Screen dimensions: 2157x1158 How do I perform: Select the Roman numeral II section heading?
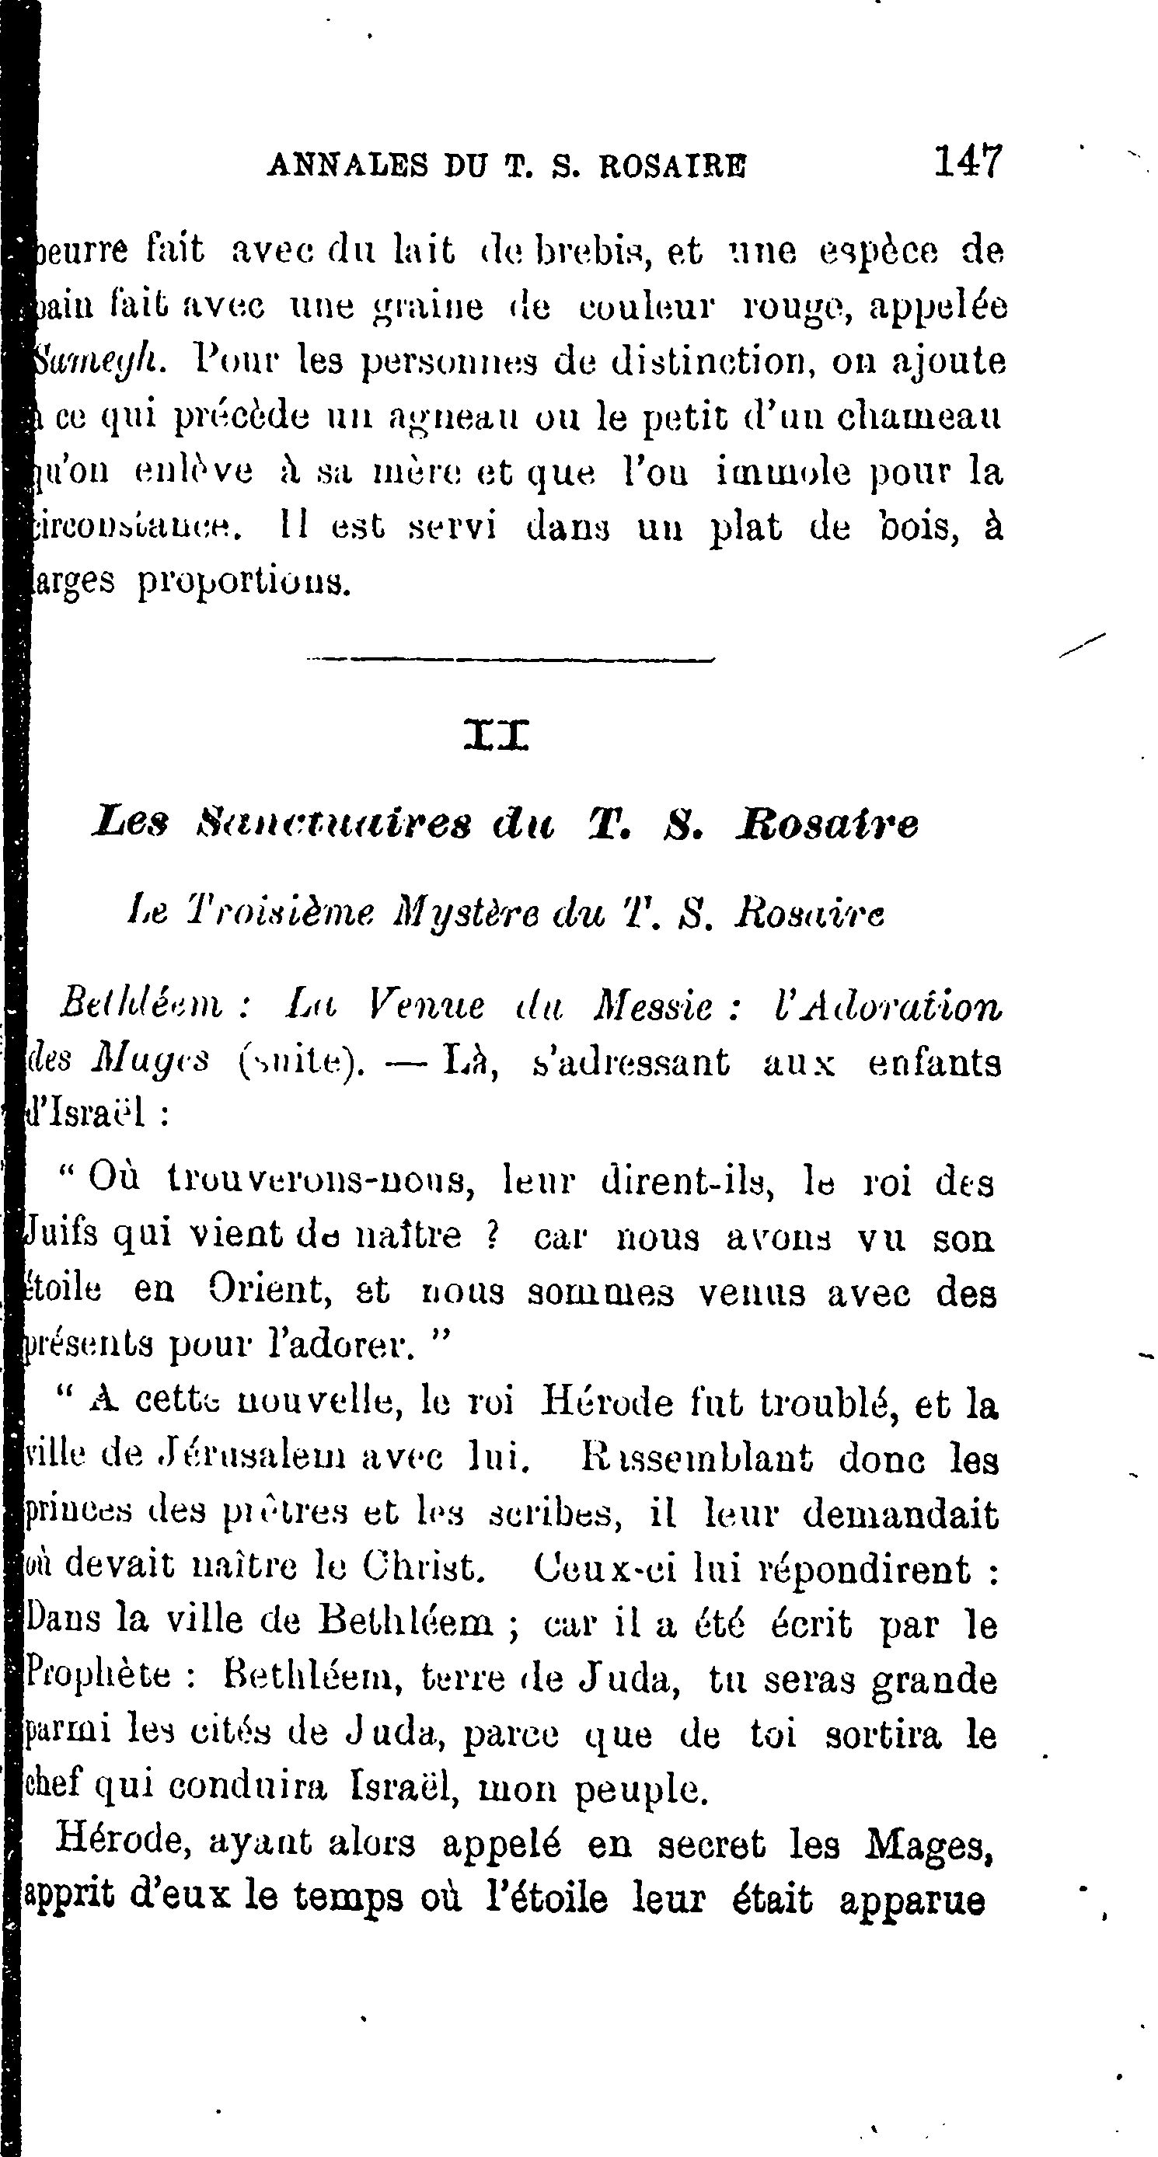point(496,736)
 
